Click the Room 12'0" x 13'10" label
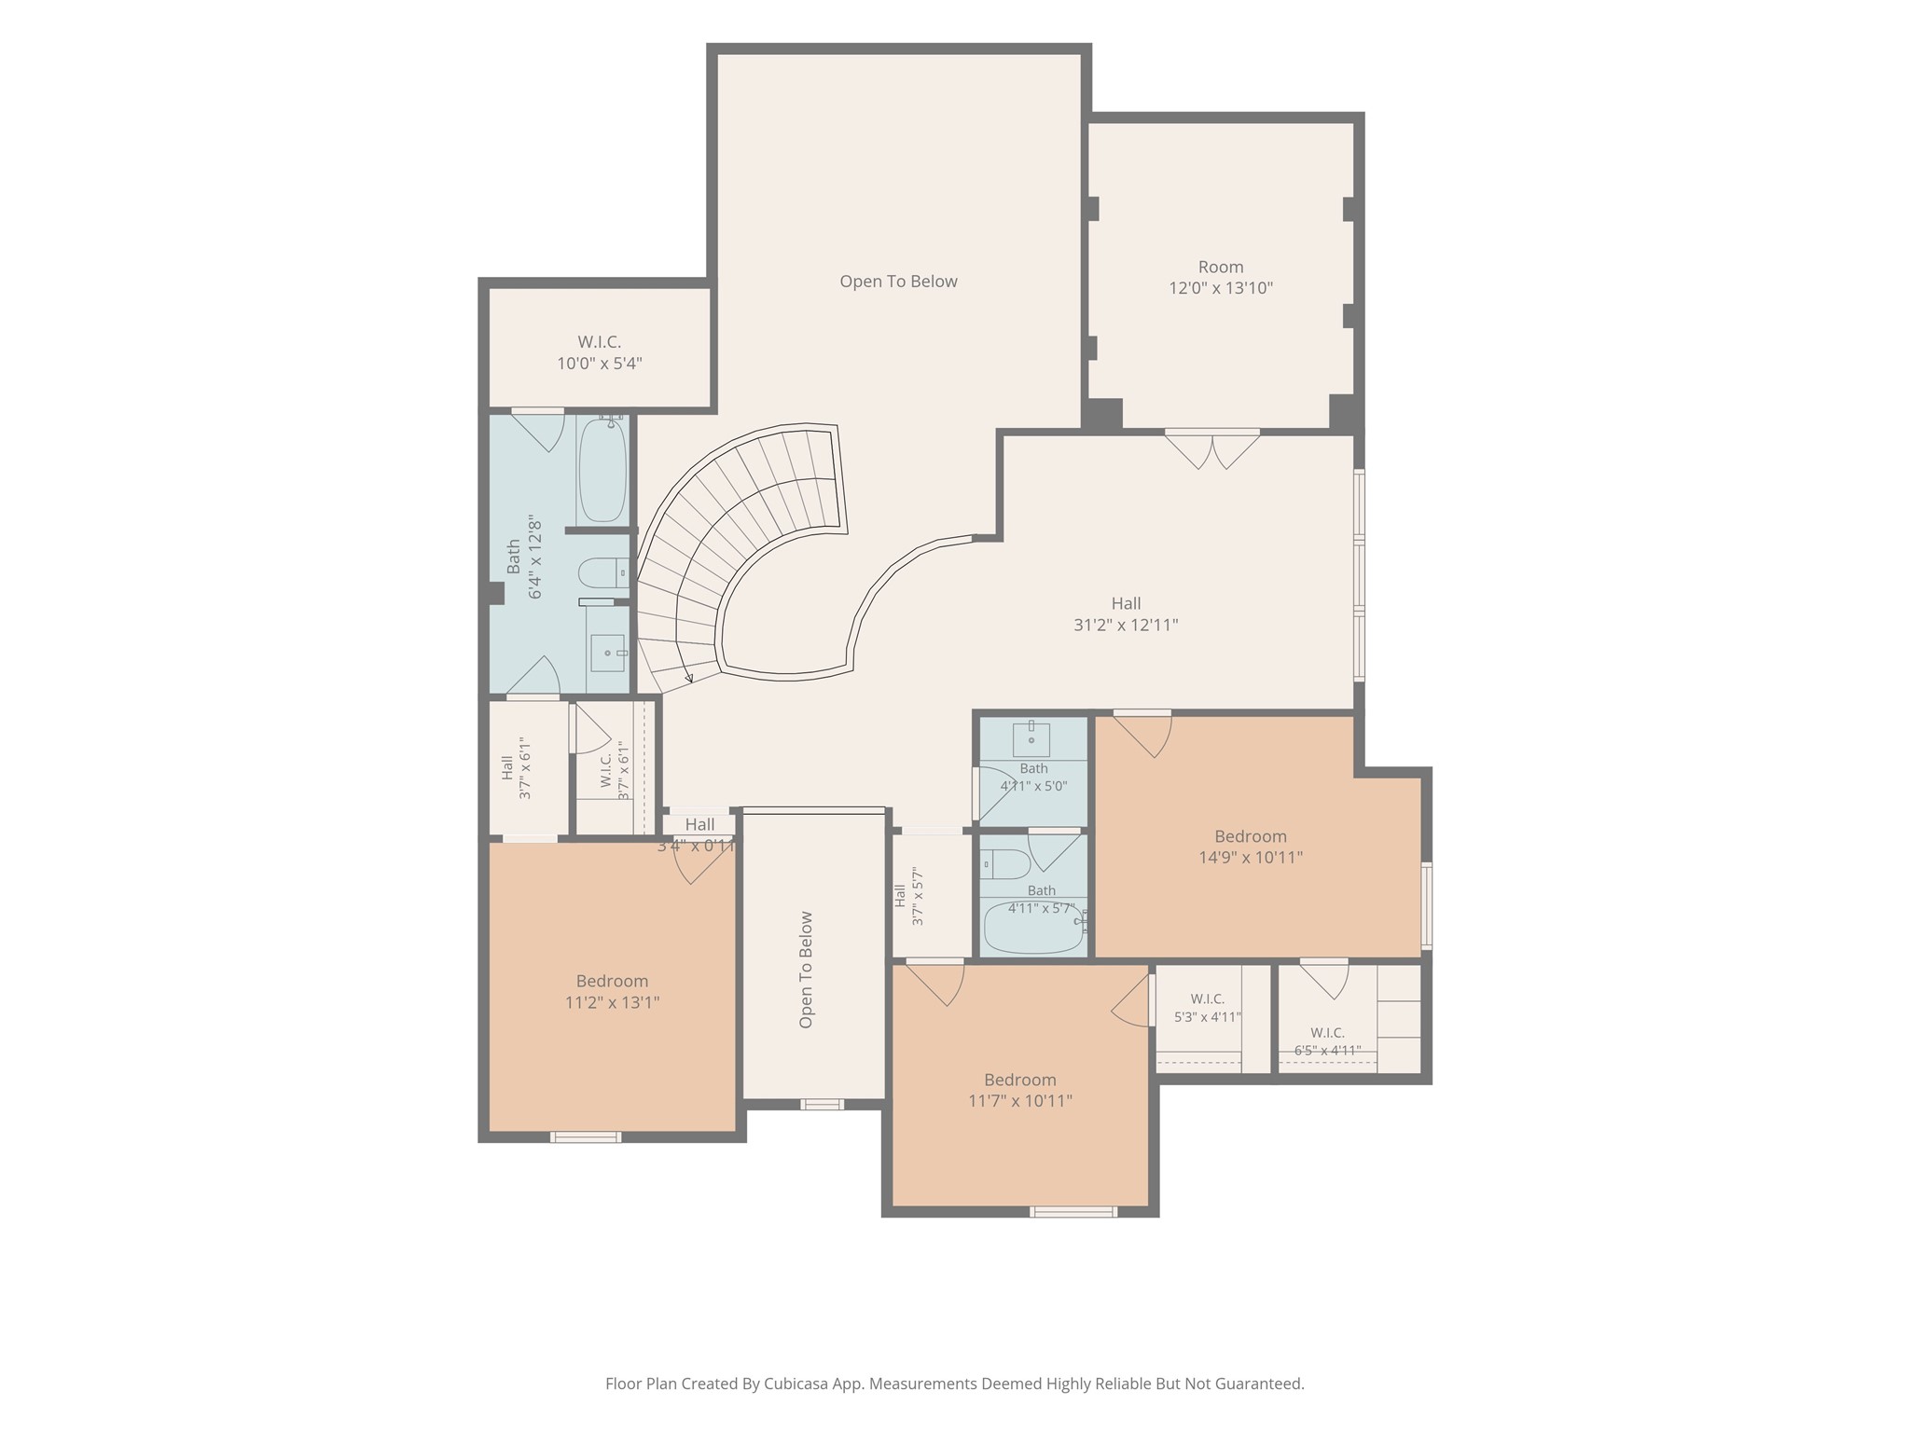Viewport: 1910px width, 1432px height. pyautogui.click(x=1221, y=278)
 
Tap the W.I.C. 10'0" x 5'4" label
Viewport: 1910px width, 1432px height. pyautogui.click(x=599, y=353)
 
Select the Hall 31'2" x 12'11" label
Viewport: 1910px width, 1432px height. pyautogui.click(x=1126, y=614)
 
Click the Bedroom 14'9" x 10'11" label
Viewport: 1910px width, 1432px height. pyautogui.click(x=1251, y=847)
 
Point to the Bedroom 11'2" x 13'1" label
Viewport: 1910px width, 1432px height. pyautogui.click(x=612, y=992)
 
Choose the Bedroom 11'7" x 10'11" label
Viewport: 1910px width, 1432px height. pyautogui.click(x=1020, y=1090)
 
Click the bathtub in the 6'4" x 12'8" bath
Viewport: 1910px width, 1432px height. pyautogui.click(x=602, y=469)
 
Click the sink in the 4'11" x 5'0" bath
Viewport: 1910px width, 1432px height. pyautogui.click(x=1031, y=738)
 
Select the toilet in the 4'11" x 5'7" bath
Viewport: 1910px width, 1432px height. pyautogui.click(x=1004, y=864)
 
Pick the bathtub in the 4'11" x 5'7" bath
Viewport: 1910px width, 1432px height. pyautogui.click(x=1033, y=928)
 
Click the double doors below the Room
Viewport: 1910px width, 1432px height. pyautogui.click(x=1212, y=448)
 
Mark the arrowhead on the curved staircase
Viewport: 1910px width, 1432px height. pyautogui.click(x=688, y=678)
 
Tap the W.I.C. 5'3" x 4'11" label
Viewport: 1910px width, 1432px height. pyautogui.click(x=1208, y=1008)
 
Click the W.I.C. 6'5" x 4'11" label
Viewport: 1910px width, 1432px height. pyautogui.click(x=1327, y=1041)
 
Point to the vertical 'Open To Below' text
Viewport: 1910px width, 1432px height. pyautogui.click(x=806, y=970)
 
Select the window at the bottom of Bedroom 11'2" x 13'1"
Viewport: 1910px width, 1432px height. pyautogui.click(x=586, y=1136)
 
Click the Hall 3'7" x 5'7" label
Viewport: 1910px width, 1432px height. pyautogui.click(x=908, y=896)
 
